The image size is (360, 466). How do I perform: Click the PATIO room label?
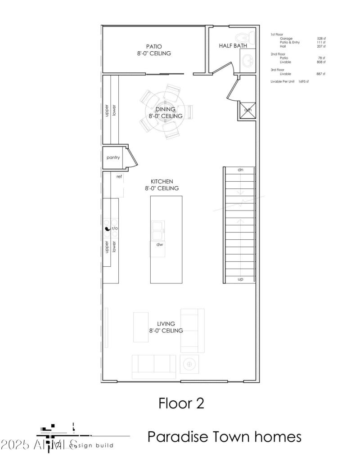[154, 46]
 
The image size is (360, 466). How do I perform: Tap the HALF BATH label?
[233, 46]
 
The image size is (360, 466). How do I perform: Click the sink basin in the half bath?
[247, 58]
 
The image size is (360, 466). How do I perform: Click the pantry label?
[113, 158]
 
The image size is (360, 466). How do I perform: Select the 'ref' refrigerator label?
[119, 177]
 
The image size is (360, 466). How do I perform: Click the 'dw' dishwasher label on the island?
[159, 245]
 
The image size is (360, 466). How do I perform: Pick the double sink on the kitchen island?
[157, 230]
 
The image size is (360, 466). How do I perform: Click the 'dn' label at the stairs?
[240, 170]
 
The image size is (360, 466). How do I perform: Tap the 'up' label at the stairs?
[240, 279]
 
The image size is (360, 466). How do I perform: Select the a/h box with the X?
[247, 110]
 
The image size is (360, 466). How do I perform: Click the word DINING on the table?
[165, 109]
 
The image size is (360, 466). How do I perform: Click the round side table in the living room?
[189, 363]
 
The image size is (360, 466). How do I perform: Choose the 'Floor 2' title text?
[181, 403]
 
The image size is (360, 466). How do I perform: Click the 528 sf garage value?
[321, 39]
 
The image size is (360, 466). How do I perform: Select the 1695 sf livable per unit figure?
[303, 81]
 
